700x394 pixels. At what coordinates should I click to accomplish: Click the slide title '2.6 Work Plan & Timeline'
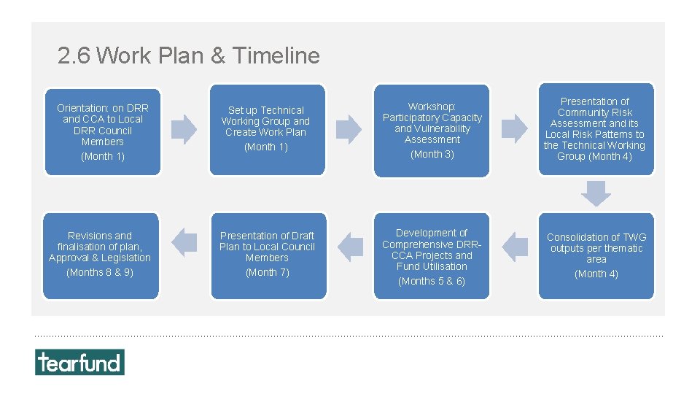(188, 55)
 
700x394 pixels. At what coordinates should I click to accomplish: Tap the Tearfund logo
(79, 362)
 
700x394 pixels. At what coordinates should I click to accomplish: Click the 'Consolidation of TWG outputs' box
(596, 255)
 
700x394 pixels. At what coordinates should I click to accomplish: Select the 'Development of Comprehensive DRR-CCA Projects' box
(432, 255)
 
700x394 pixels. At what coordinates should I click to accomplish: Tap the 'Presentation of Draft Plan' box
(268, 255)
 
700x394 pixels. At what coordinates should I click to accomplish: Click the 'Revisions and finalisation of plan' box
(101, 255)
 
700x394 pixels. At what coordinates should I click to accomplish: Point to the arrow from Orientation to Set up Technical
(184, 129)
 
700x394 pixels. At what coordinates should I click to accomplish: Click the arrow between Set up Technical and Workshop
(349, 129)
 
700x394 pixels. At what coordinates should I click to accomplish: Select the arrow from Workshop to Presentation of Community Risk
(515, 129)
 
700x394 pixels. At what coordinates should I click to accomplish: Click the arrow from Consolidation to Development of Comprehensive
(516, 247)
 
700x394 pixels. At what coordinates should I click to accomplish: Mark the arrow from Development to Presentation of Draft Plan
(351, 247)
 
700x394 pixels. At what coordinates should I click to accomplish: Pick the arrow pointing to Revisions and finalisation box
(184, 242)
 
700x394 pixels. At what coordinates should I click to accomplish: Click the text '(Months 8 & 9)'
(100, 272)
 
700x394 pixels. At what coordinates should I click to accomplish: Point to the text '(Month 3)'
(432, 154)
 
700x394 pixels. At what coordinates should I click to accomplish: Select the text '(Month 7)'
(267, 272)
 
